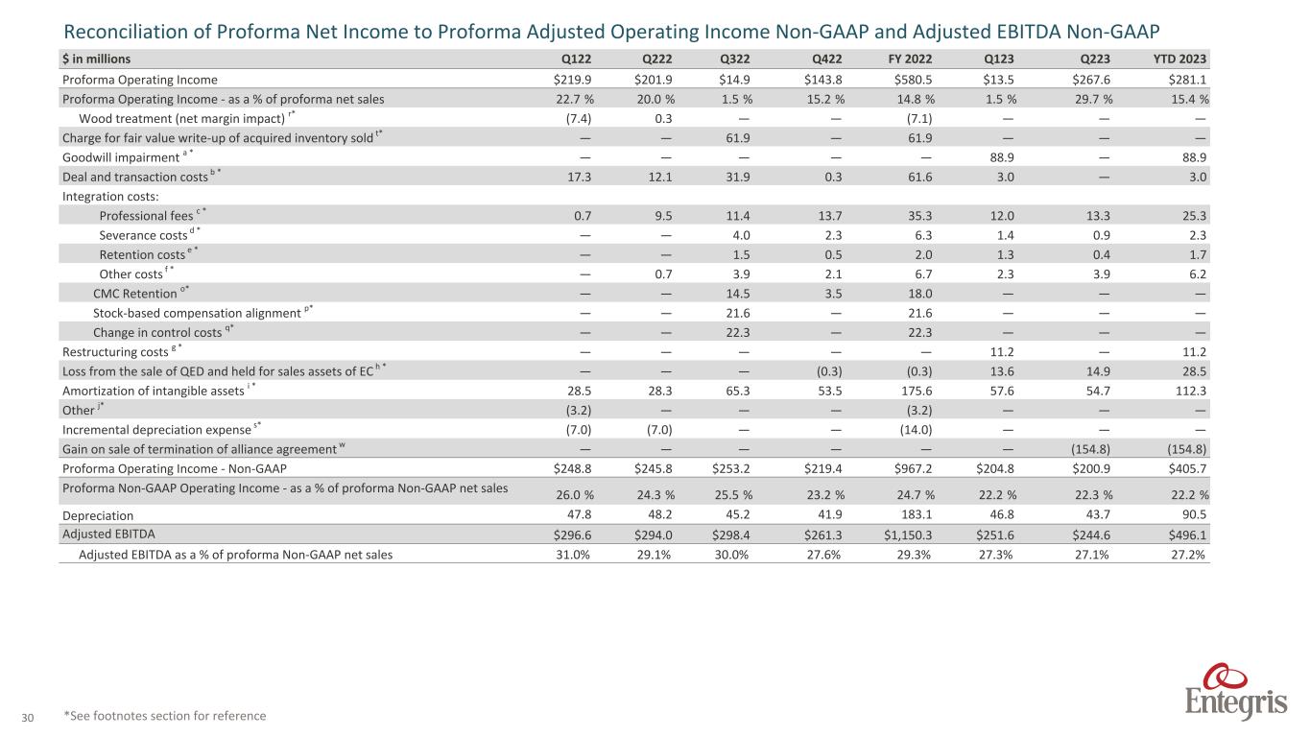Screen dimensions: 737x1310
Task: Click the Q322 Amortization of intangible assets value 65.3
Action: [x=737, y=392]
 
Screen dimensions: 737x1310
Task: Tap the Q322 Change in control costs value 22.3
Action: [x=737, y=333]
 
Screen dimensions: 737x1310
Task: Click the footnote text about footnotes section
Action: [x=164, y=716]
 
